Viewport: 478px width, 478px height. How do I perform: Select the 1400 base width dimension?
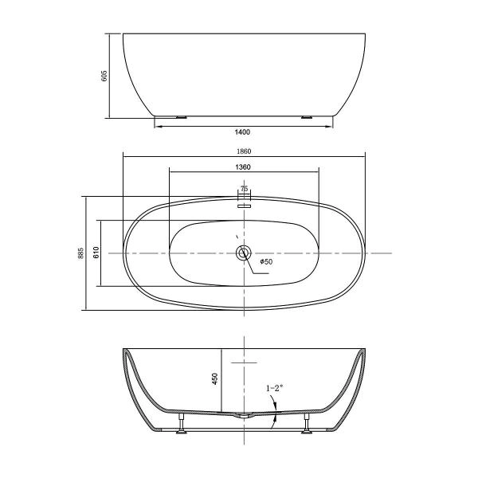(x=243, y=132)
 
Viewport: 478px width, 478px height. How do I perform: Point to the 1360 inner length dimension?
(x=244, y=167)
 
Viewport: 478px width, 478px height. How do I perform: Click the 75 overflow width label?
(x=245, y=189)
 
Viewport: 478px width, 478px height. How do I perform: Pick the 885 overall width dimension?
(x=80, y=253)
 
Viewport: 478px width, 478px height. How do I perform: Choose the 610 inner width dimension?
(x=96, y=253)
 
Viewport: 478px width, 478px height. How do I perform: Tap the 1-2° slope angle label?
(x=275, y=388)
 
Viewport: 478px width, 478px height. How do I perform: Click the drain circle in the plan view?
(x=244, y=253)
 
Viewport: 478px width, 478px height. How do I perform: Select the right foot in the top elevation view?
(x=307, y=116)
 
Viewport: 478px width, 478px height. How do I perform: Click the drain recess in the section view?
(x=244, y=415)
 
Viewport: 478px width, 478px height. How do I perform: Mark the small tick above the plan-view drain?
(x=237, y=237)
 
